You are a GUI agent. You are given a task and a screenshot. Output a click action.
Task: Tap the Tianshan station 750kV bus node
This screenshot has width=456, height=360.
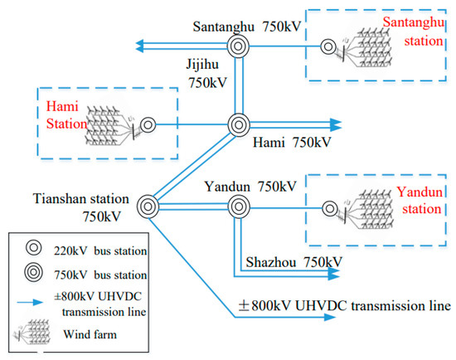pos(149,206)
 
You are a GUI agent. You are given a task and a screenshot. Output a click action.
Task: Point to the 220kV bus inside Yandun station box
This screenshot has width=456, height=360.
pos(331,207)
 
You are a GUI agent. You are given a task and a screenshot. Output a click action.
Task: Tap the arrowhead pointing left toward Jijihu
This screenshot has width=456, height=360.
pos(121,45)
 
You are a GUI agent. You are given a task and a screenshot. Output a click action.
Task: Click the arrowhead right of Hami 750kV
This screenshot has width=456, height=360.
pos(334,125)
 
